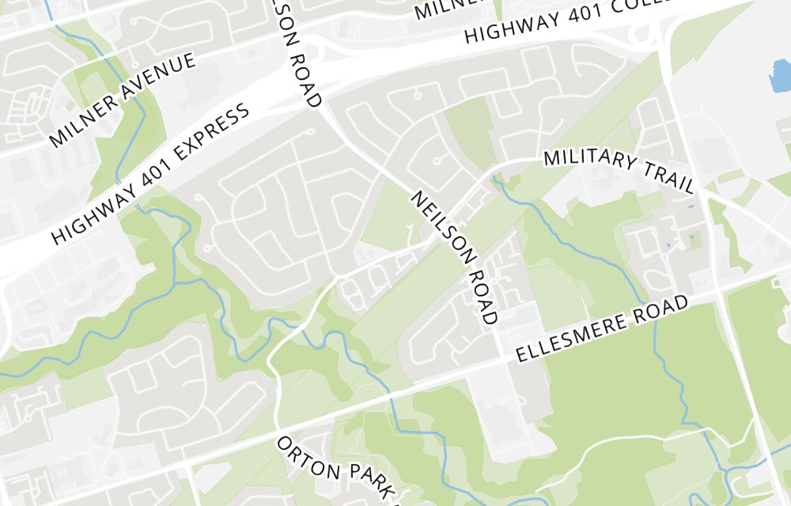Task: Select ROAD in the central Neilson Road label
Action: click(x=483, y=297)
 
